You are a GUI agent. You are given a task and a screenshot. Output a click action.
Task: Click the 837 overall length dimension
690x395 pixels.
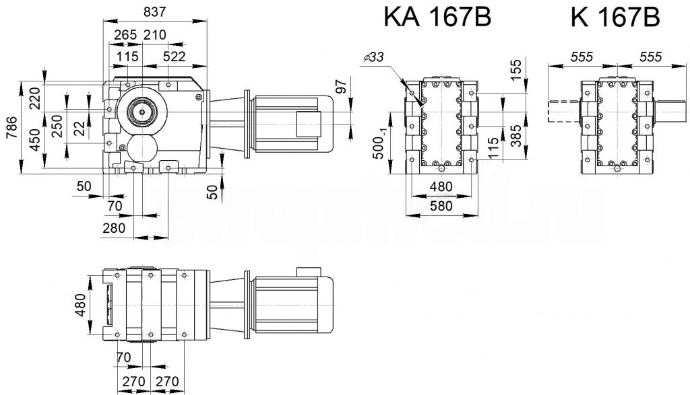click(154, 11)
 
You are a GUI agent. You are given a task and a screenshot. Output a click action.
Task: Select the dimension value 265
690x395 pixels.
click(125, 35)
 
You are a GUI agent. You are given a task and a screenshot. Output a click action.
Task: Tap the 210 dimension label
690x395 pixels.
click(156, 35)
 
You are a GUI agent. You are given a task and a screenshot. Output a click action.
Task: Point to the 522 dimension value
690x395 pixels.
click(174, 57)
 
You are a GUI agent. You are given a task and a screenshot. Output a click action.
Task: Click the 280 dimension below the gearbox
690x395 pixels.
click(114, 229)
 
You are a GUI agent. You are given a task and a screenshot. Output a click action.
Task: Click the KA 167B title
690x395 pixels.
click(437, 18)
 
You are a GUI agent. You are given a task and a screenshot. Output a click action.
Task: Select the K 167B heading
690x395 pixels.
click(615, 18)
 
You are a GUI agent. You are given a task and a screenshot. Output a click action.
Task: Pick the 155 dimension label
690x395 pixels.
click(516, 69)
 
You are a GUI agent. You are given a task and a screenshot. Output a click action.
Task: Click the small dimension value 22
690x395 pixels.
click(80, 128)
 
